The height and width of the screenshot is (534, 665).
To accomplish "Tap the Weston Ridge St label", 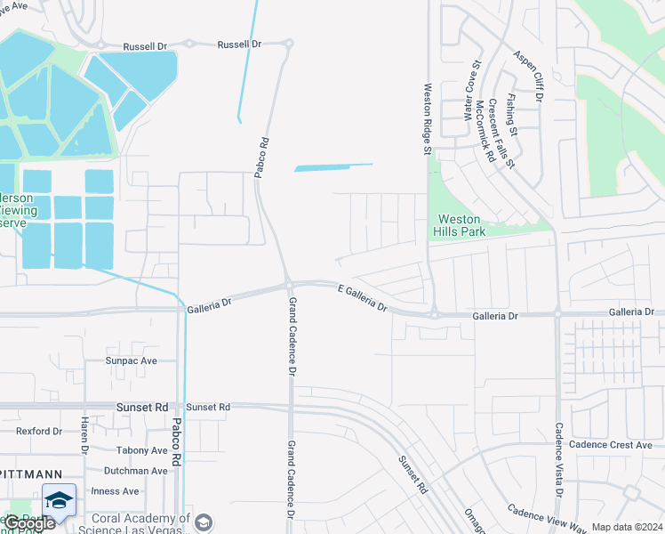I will pyautogui.click(x=428, y=120).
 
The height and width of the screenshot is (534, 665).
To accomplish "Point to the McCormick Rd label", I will pyautogui.click(x=484, y=130).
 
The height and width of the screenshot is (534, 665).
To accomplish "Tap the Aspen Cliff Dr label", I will pyautogui.click(x=534, y=74).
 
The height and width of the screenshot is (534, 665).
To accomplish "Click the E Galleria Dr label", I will pyautogui.click(x=363, y=297).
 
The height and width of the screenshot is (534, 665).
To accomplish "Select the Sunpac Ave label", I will pyautogui.click(x=131, y=360).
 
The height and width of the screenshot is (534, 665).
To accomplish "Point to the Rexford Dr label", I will pyautogui.click(x=38, y=431).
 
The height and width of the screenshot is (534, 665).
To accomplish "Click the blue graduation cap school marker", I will pyautogui.click(x=59, y=499).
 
